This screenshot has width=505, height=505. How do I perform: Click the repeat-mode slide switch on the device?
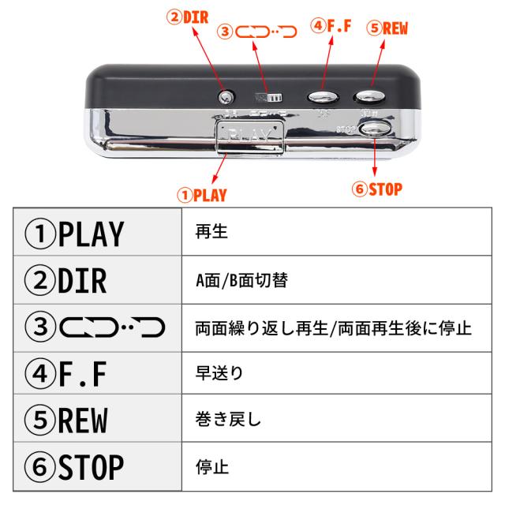[x=267, y=97]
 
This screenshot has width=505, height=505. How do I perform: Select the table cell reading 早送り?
[x=212, y=374]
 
